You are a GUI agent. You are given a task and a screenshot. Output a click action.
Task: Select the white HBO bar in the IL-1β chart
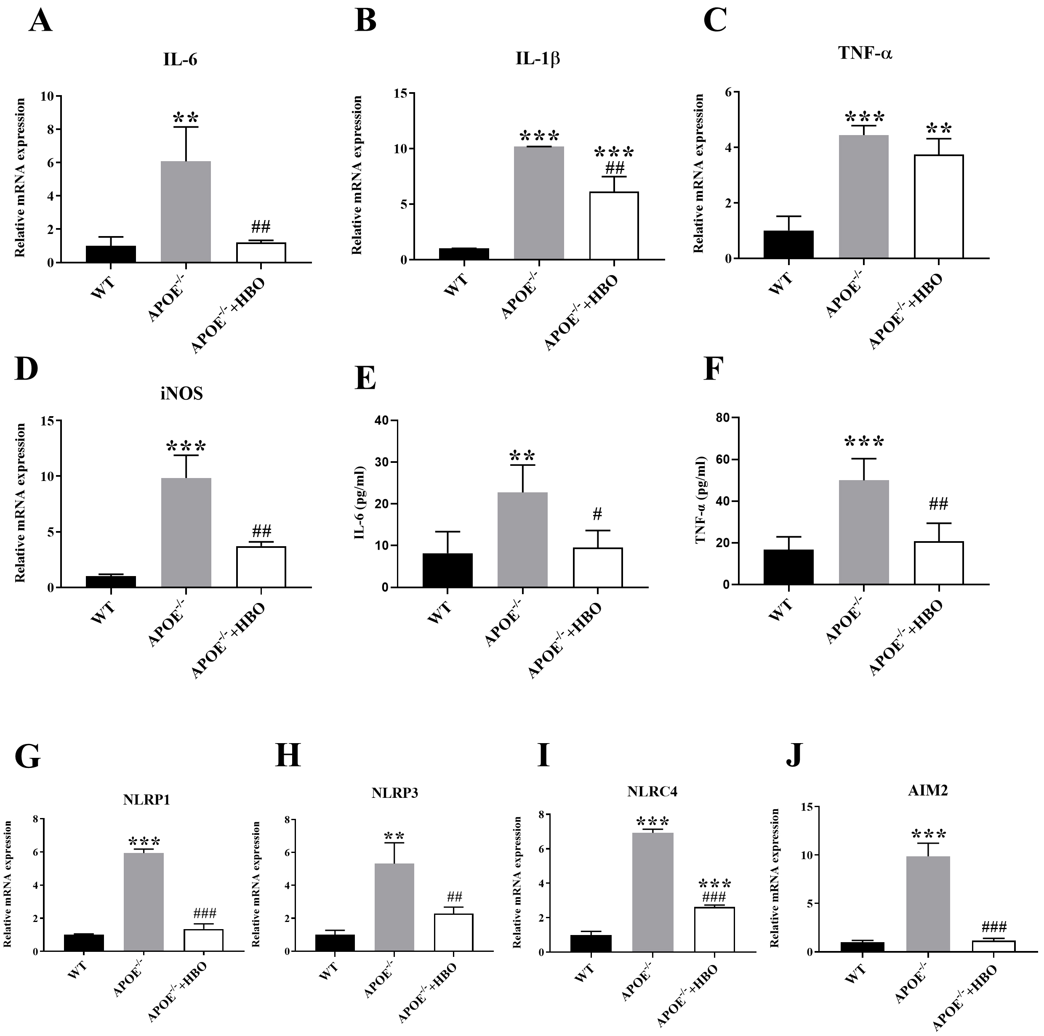[614, 226]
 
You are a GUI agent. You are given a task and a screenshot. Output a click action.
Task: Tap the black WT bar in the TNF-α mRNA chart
[788, 244]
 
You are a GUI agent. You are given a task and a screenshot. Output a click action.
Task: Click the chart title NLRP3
[394, 793]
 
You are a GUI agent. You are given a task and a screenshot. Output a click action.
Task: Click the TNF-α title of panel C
[865, 53]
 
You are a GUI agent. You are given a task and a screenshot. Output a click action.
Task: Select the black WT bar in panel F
[788, 567]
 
